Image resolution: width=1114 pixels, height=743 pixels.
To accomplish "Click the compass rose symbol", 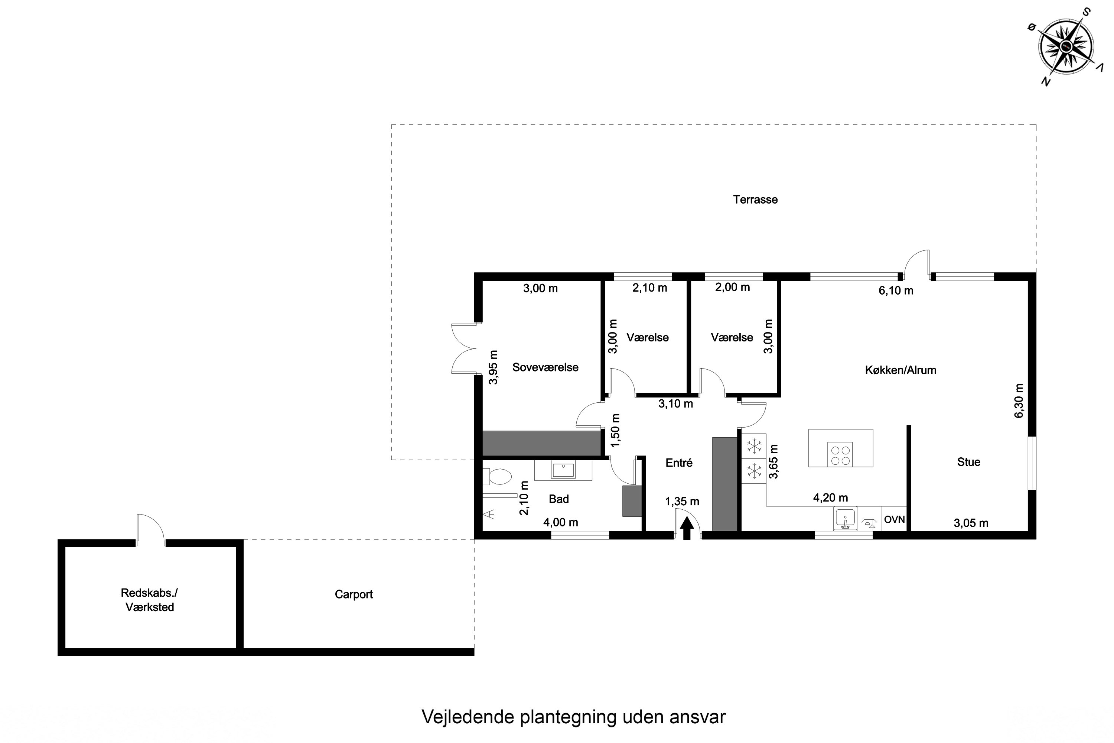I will [1066, 46].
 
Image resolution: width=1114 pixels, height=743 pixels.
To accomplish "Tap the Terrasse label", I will [755, 199].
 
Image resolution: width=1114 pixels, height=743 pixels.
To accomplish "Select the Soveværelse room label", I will [545, 367].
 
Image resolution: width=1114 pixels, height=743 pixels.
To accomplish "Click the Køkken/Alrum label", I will [900, 370].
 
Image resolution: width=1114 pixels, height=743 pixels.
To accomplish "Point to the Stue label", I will [968, 462].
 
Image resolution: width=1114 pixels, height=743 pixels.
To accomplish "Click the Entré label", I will [679, 463].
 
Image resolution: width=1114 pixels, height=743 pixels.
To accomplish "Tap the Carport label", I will [354, 594].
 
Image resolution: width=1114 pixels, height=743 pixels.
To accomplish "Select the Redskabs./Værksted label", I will [149, 600].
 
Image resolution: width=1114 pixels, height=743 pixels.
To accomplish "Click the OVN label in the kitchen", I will [894, 519].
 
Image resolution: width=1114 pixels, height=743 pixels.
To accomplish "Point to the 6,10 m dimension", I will [896, 291].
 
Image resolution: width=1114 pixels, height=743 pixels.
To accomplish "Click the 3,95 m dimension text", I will [493, 367].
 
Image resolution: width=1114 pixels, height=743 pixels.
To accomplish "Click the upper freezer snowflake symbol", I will [754, 446].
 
